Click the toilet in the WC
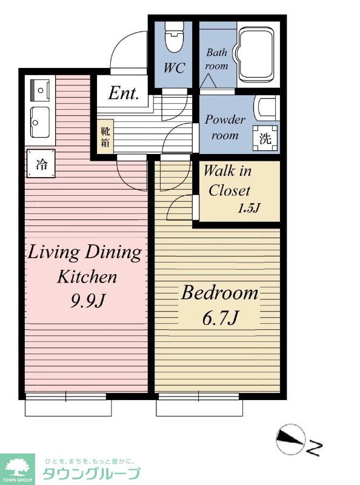tap(174, 36)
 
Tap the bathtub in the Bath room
tap(256, 55)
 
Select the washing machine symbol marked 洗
tap(265, 138)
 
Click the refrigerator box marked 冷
tap(41, 164)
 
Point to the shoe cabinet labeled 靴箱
tap(105, 137)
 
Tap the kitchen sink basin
tap(40, 122)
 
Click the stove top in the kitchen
tap(40, 90)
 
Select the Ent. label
tap(124, 93)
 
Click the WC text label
tap(175, 67)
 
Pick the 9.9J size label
tap(88, 300)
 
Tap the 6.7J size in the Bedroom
tap(220, 318)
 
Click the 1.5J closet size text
tap(248, 209)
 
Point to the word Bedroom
tap(219, 293)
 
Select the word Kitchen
tap(87, 276)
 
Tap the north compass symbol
tap(289, 440)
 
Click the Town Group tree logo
tap(18, 469)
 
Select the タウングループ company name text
tap(92, 473)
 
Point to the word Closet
tap(229, 191)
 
